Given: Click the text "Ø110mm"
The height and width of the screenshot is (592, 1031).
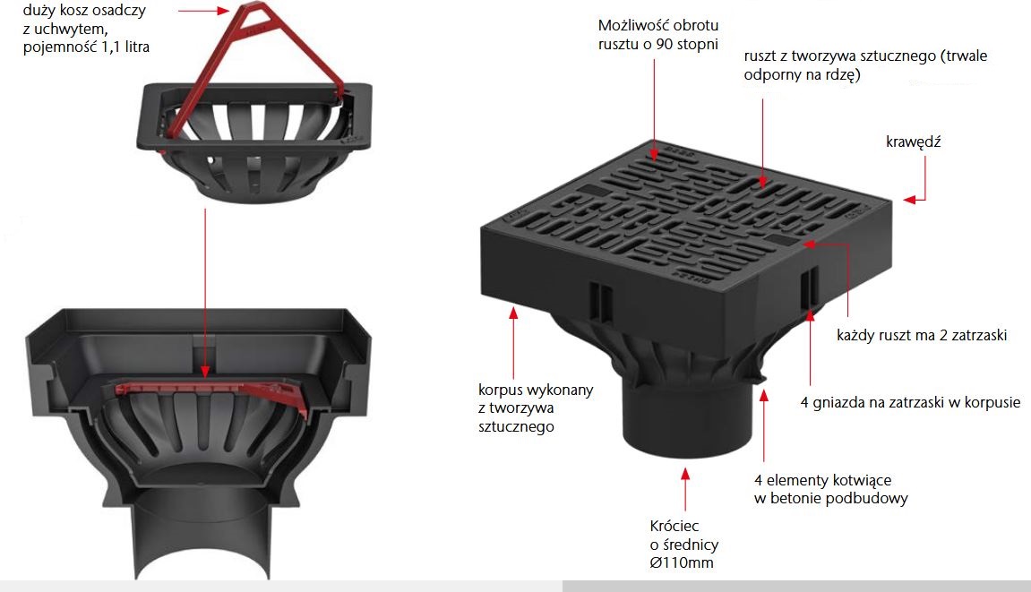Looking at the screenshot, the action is point(681,562).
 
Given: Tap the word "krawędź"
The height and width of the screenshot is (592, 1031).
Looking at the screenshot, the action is point(914,142).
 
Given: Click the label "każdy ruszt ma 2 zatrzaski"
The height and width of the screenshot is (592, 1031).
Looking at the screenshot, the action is point(921,336).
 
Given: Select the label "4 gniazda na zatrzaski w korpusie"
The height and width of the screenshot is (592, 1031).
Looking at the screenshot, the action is point(910,402).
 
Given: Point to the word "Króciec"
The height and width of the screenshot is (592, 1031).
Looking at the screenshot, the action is point(674,526).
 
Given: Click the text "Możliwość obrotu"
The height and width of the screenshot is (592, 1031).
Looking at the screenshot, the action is point(658,26).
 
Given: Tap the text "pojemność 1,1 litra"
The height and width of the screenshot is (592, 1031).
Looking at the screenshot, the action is point(86,47).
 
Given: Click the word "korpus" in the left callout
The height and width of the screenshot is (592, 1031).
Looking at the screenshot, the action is point(501,390).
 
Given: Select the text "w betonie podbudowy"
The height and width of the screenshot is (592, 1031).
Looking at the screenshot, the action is point(830,498).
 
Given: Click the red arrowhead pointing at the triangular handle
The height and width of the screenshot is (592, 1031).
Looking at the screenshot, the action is point(224,11).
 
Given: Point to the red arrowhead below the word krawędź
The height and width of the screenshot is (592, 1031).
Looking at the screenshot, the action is point(909,200).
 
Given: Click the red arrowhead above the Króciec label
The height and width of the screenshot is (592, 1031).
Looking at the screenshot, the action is point(685,474).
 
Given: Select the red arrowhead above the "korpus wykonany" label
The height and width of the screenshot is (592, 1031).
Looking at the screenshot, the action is point(513,313).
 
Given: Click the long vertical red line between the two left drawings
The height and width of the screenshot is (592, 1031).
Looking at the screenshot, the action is point(205,289).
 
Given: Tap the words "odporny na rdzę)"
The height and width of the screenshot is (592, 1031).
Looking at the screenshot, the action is point(803,74).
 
